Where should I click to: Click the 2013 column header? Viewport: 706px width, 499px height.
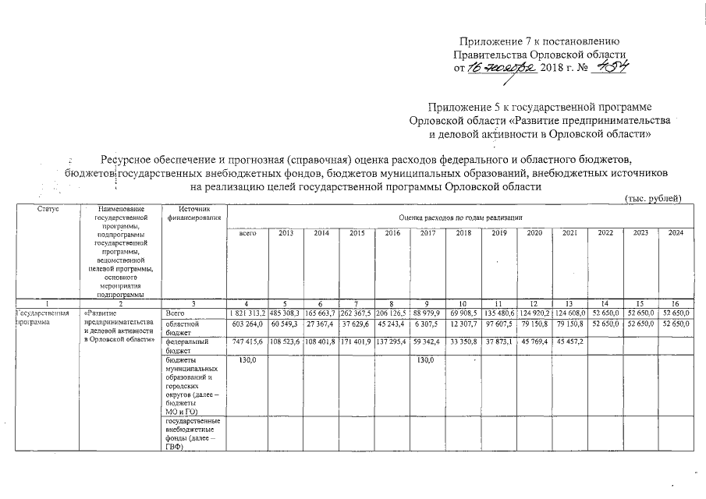point(286,233)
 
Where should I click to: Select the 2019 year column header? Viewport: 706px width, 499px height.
point(499,233)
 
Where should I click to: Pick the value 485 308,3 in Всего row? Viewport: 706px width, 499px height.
point(286,313)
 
